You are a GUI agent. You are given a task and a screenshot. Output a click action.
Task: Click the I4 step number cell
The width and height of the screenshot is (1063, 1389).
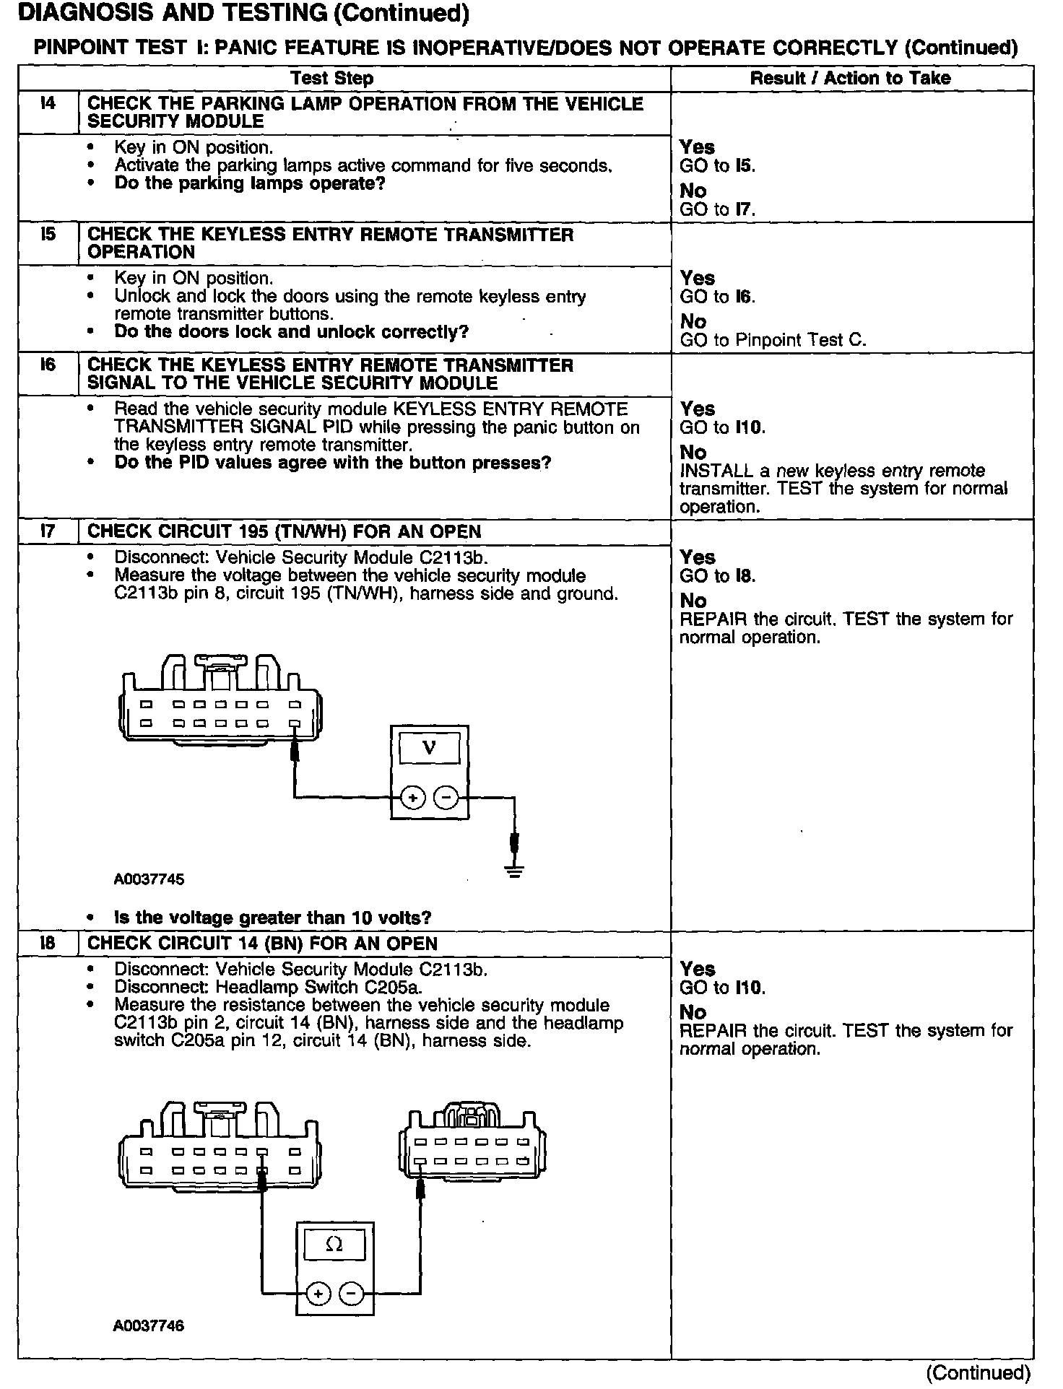click(48, 104)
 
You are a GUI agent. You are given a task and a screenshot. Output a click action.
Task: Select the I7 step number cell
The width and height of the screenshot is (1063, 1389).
click(48, 532)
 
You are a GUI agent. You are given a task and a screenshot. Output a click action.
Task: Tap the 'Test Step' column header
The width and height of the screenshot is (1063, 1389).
click(331, 78)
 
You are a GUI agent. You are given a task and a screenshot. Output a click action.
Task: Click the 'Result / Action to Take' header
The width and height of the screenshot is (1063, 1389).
click(850, 78)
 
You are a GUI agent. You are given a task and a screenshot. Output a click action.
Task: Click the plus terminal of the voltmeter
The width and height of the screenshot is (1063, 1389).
click(412, 798)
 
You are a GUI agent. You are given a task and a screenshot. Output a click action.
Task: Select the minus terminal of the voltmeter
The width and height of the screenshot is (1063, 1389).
click(446, 798)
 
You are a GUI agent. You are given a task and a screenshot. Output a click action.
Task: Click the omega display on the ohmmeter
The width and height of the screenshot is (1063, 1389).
click(334, 1245)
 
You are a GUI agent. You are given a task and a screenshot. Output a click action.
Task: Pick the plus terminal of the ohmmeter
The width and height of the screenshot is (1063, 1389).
click(318, 1294)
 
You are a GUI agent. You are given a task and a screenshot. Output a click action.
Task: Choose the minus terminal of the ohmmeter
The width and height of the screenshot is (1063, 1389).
click(352, 1294)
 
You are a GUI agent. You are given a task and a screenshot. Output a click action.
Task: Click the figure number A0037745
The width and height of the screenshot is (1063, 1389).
click(149, 879)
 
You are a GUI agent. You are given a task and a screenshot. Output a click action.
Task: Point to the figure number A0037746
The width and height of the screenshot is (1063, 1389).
click(149, 1326)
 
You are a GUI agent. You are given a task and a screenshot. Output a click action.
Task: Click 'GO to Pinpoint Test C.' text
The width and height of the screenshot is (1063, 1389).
click(773, 340)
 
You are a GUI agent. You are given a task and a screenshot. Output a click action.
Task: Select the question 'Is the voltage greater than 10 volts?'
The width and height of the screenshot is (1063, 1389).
click(272, 918)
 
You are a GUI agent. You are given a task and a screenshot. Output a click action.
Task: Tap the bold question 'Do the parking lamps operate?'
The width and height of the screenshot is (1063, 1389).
click(250, 183)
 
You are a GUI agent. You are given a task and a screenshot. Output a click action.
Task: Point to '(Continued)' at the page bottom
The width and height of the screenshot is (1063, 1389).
click(978, 1372)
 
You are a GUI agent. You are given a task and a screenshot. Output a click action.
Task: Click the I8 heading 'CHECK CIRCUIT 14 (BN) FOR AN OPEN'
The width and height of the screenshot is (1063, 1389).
click(262, 944)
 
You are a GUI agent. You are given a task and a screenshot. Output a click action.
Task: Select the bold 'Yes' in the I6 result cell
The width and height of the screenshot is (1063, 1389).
click(697, 409)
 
